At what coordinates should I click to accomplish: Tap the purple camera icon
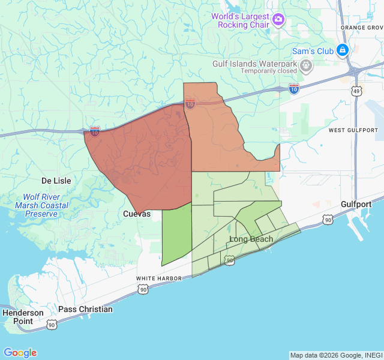278,20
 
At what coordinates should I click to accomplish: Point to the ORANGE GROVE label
361,28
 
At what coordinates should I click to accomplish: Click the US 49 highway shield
357,91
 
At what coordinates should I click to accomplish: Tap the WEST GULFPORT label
353,130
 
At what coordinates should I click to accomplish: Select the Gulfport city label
356,204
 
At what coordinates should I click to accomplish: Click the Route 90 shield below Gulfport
328,220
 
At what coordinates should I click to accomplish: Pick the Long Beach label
251,239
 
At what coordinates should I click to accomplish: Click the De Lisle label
56,181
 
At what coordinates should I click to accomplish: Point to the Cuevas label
137,214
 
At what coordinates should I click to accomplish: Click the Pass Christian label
85,309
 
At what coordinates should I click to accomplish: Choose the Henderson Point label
23,317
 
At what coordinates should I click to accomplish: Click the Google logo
20,353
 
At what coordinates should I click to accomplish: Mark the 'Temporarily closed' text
269,71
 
